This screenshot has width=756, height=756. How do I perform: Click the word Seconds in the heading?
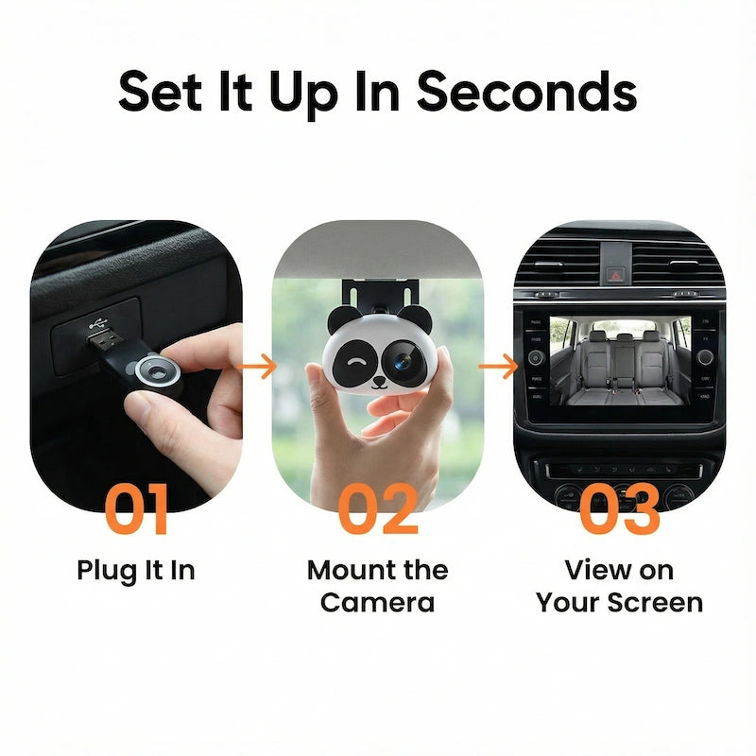(526, 92)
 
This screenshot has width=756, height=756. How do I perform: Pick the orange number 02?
(378, 511)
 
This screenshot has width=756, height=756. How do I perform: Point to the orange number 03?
(619, 511)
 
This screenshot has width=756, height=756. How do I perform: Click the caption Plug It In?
(136, 571)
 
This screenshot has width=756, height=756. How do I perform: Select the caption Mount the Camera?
(378, 586)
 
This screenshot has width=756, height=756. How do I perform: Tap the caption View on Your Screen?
(619, 586)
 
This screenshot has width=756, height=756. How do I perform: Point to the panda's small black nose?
(377, 383)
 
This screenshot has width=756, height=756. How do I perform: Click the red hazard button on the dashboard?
(612, 275)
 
